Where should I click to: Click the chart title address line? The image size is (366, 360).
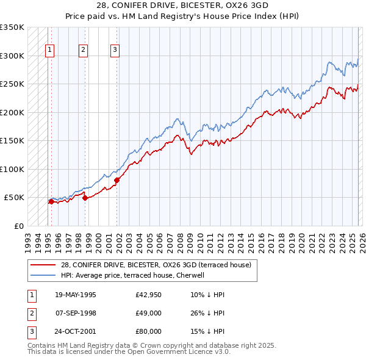tap(182, 4)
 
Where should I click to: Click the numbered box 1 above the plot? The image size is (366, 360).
tap(49, 51)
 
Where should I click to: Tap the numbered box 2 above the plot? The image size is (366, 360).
tap(83, 51)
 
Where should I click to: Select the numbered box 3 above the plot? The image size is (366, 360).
tap(115, 51)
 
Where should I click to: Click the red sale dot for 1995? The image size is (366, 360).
tap(51, 201)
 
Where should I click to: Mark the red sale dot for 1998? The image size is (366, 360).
tap(85, 198)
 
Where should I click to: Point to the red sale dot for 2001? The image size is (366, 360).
tap(117, 180)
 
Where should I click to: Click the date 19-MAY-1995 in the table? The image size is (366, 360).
tap(75, 295)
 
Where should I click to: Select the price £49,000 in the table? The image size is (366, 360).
tap(149, 313)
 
